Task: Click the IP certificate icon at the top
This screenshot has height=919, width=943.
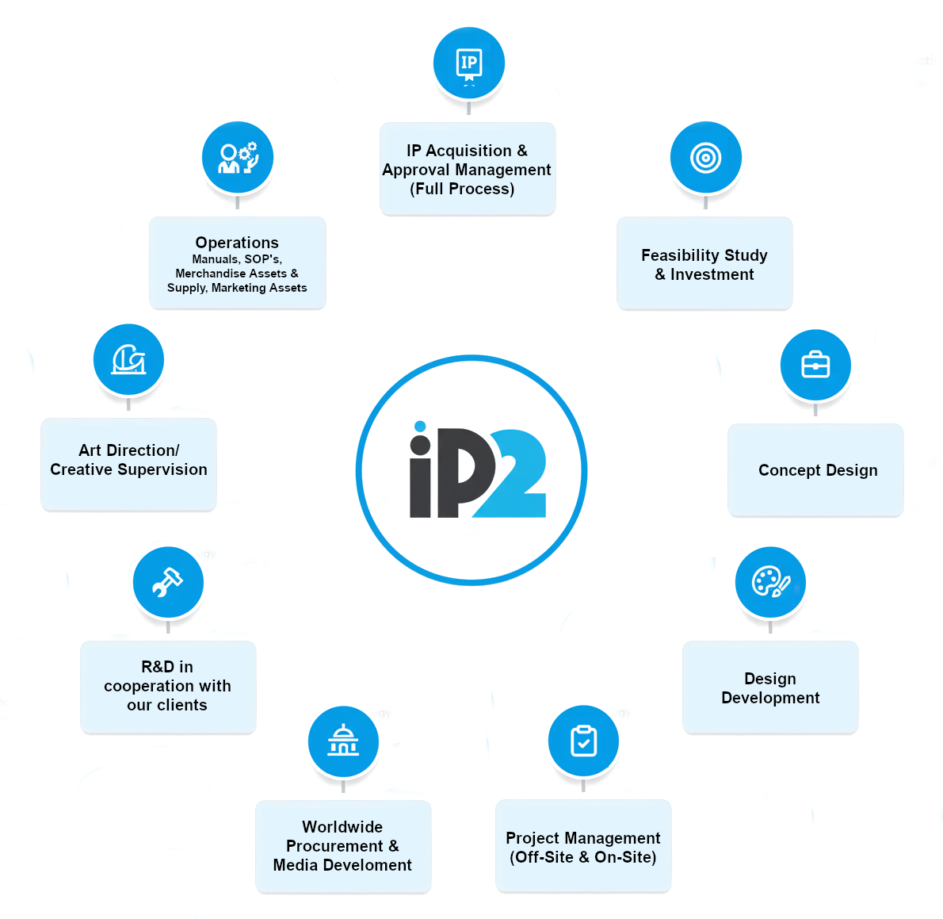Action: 468,63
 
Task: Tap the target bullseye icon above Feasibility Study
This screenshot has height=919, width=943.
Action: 705,158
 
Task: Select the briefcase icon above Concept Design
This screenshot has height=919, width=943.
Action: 815,366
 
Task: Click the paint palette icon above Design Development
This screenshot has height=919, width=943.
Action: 770,583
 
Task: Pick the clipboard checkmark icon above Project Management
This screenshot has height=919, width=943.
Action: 583,741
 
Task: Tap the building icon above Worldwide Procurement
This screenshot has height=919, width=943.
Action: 343,741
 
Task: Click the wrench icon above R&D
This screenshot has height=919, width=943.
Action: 167,583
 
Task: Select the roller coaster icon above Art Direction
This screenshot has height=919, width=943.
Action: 128,359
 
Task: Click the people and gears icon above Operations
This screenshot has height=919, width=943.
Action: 238,157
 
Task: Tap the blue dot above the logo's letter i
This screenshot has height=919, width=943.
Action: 420,427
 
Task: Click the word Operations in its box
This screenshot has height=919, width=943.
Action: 237,243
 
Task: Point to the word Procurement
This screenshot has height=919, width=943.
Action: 334,846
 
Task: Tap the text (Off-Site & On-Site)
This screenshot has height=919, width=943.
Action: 583,857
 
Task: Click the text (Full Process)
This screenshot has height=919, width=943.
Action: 462,189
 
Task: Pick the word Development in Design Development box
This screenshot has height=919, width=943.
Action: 770,698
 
